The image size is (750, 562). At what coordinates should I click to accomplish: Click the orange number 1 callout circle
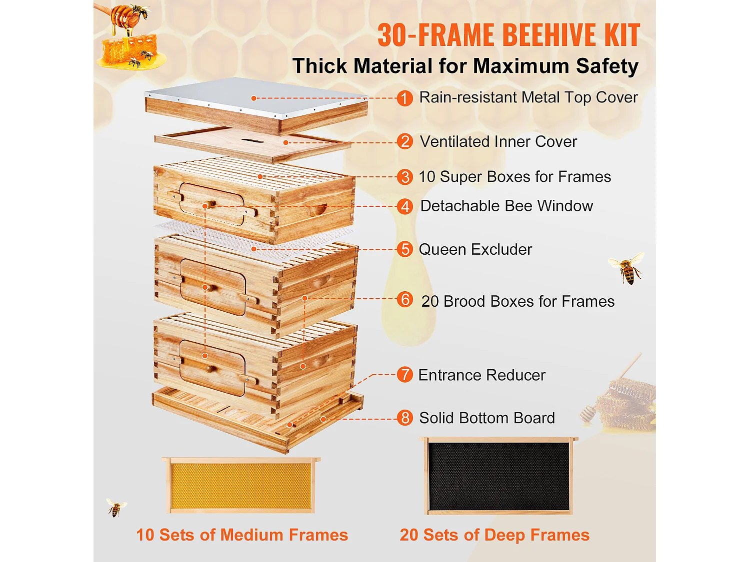404,98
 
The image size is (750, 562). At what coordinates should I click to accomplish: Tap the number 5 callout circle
404,249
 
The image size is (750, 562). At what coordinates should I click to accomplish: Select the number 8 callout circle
404,418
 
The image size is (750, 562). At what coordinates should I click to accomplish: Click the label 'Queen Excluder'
475,249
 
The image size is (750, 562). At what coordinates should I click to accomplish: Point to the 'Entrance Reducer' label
481,375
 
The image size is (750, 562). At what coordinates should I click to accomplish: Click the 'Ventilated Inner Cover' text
498,142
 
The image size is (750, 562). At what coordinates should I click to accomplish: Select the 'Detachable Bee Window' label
506,206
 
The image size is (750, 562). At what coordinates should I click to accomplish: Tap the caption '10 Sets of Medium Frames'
242,535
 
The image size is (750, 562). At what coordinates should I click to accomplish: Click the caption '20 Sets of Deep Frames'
494,535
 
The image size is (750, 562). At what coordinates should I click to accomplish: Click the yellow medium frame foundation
241,486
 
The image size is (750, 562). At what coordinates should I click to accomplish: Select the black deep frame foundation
498,477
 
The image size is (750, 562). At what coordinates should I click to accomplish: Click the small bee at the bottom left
116,508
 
